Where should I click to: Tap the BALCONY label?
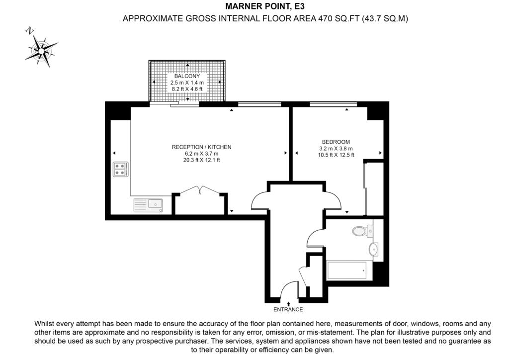click(x=187, y=76)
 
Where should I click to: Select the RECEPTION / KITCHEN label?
click(x=202, y=147)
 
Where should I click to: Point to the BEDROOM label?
click(x=336, y=142)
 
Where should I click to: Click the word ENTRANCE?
click(x=288, y=310)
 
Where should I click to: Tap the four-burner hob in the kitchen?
click(x=120, y=170)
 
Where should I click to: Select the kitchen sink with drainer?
click(x=148, y=205)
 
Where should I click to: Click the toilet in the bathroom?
click(x=362, y=231)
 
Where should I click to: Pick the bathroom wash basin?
click(x=373, y=249)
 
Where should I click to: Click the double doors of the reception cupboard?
click(x=200, y=190)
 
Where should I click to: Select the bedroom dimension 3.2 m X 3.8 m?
click(x=336, y=149)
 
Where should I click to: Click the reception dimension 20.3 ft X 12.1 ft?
click(x=202, y=160)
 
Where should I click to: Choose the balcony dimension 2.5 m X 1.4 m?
click(x=187, y=83)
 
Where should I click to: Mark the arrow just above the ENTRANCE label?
click(x=288, y=304)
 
